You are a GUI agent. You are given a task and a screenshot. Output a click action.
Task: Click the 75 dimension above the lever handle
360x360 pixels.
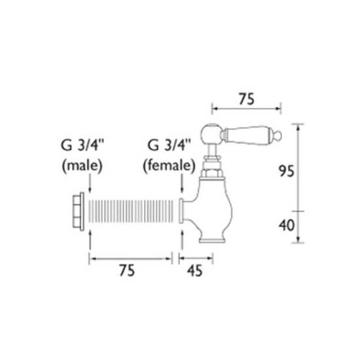tap(246, 99)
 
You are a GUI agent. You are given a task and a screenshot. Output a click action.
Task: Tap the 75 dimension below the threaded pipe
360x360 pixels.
tap(127, 270)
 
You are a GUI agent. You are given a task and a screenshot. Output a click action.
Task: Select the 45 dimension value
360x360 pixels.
tap(194, 270)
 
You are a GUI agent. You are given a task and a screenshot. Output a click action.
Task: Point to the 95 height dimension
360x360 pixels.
tap(286, 171)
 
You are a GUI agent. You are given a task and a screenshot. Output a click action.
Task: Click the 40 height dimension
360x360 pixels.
tap(286, 225)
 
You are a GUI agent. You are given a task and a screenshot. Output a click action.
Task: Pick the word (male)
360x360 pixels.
tap(82, 166)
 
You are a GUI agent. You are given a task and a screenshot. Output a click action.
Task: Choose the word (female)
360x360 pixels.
tap(169, 166)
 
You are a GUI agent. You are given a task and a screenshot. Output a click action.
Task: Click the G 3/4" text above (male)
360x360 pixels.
tap(82, 145)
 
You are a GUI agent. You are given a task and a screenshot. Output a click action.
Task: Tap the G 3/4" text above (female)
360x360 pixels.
tap(169, 145)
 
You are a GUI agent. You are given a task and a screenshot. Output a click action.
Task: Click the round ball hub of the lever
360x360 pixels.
tap(211, 134)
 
